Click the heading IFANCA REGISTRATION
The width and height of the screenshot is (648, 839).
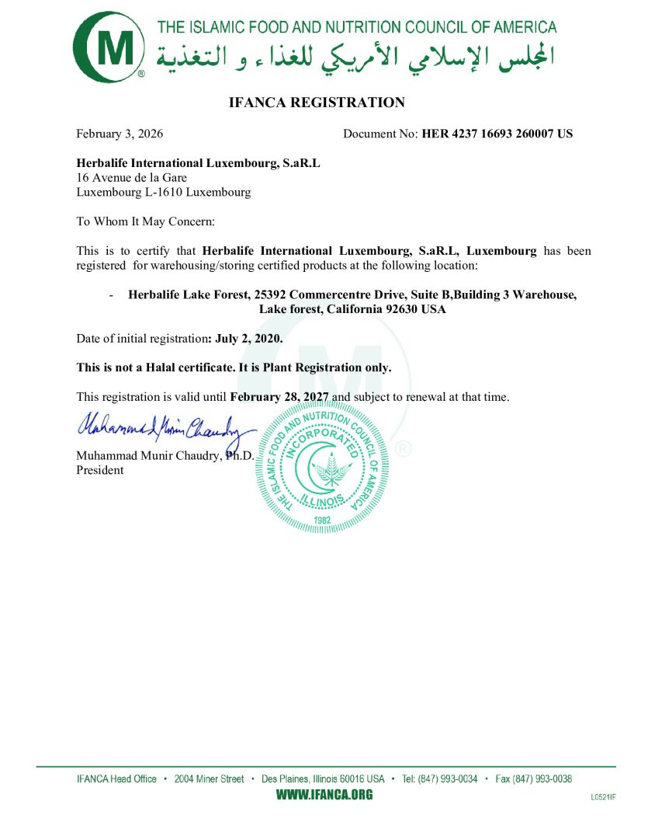pyautogui.click(x=317, y=103)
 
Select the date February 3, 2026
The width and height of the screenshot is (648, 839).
pyautogui.click(x=120, y=134)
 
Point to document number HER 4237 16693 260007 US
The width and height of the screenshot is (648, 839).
pyautogui.click(x=497, y=134)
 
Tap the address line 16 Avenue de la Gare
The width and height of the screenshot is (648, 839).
pyautogui.click(x=131, y=178)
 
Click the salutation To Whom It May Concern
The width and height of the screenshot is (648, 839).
pyautogui.click(x=145, y=221)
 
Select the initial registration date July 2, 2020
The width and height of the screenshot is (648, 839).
pyautogui.click(x=248, y=339)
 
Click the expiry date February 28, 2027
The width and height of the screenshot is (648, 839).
pyautogui.click(x=280, y=397)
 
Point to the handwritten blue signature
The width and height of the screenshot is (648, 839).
pyautogui.click(x=166, y=427)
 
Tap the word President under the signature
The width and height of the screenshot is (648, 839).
pyautogui.click(x=99, y=470)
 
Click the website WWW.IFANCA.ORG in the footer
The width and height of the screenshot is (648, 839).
pyautogui.click(x=324, y=795)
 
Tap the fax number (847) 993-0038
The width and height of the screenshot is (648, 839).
pyautogui.click(x=545, y=778)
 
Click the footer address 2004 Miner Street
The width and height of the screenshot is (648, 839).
pyautogui.click(x=210, y=778)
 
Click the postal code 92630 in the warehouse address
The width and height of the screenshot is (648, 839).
pyautogui.click(x=400, y=309)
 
